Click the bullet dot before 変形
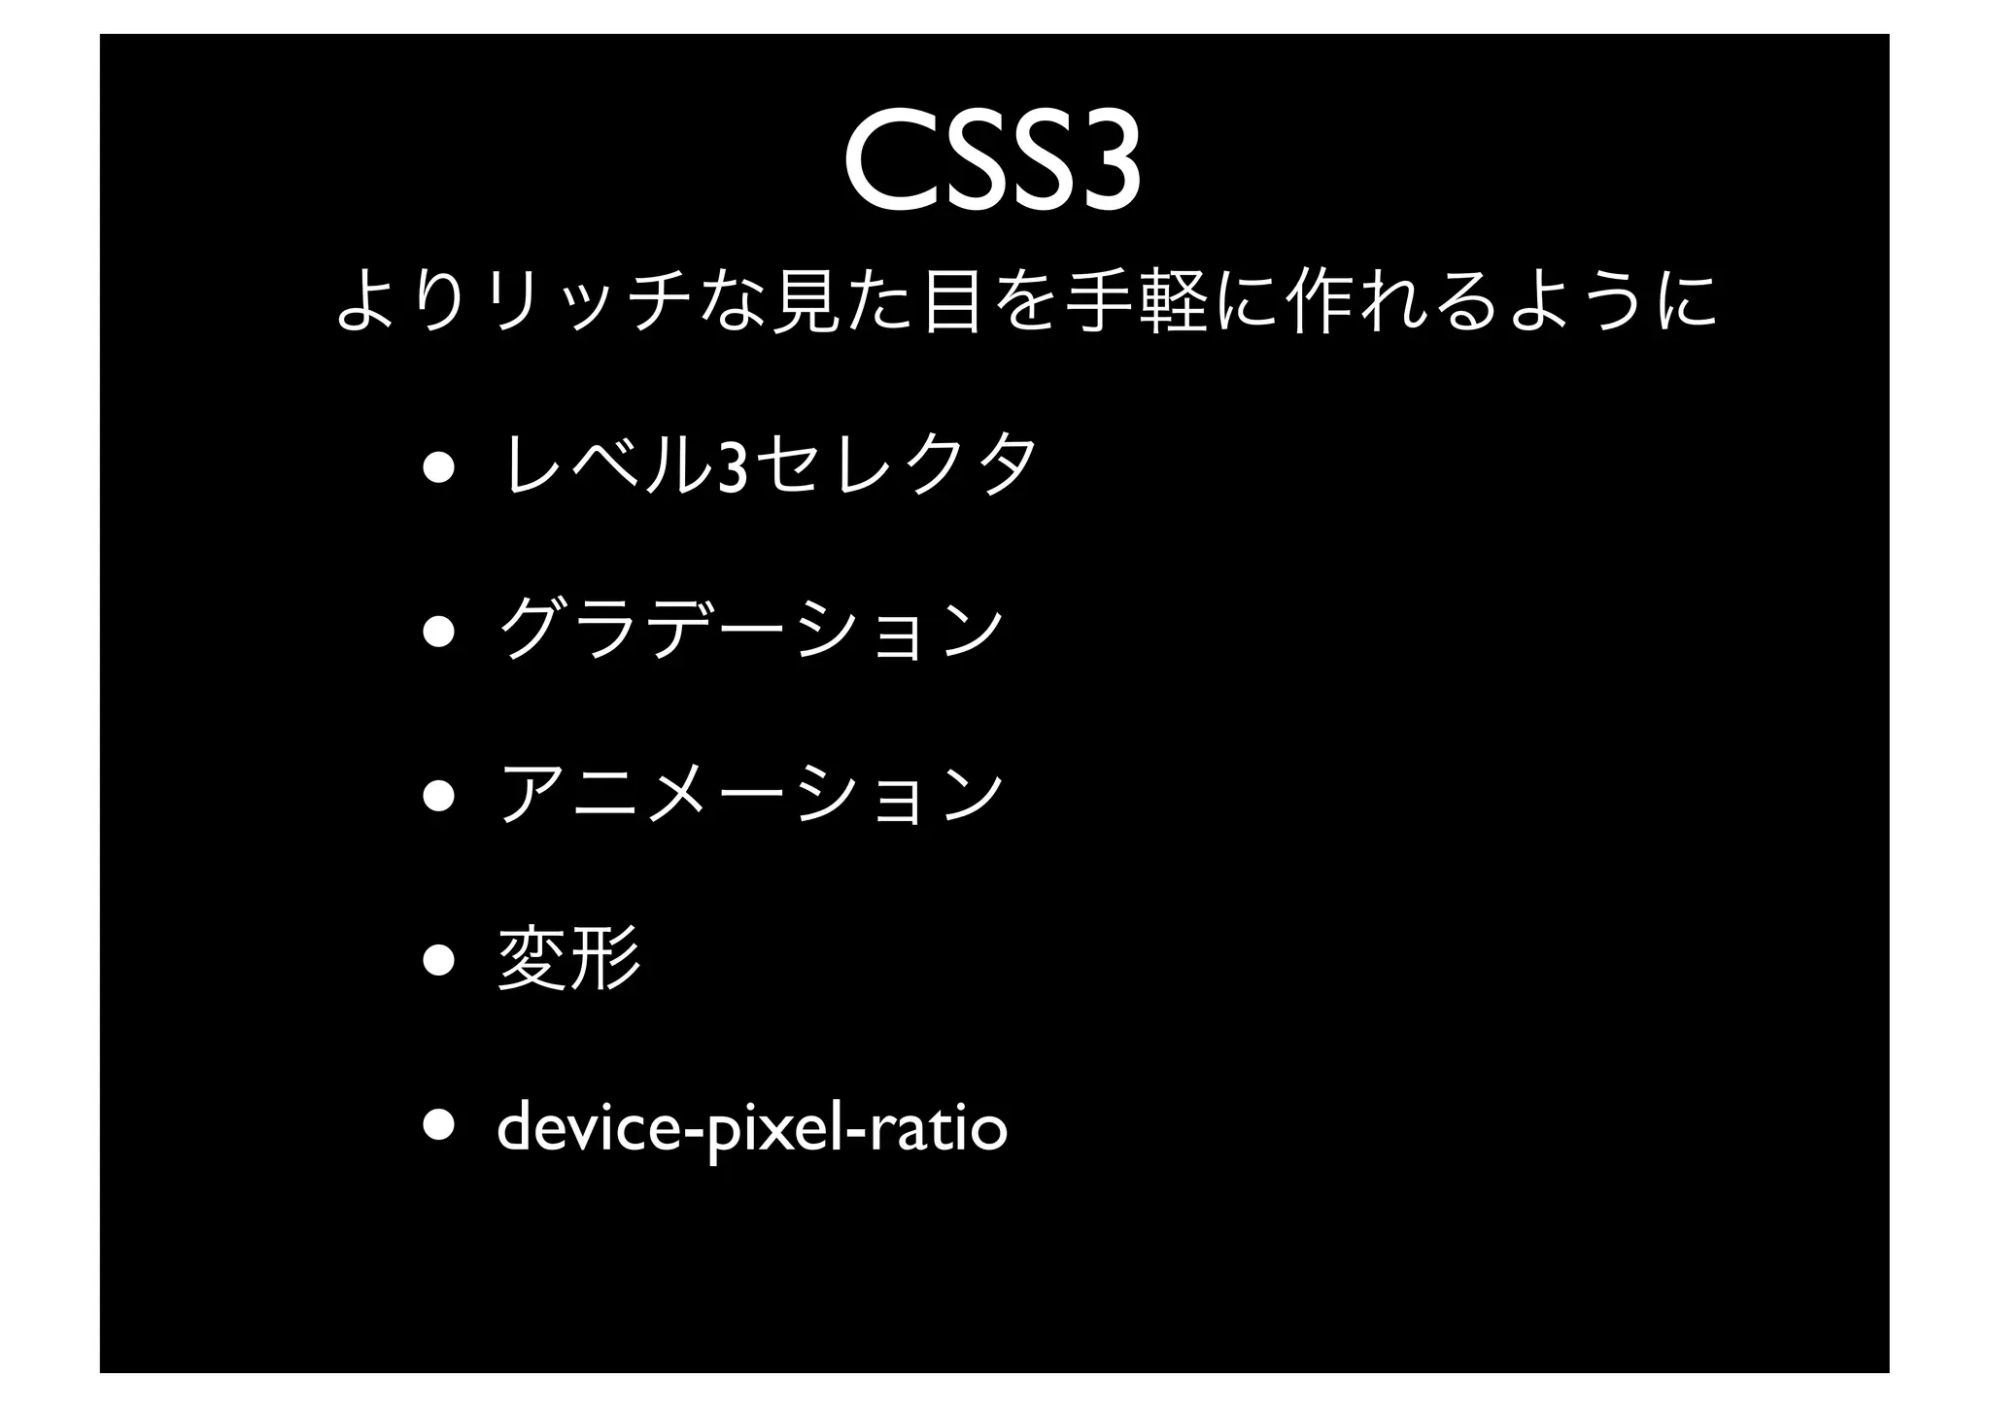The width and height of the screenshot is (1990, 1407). (437, 960)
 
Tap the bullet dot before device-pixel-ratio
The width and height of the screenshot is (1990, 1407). (437, 1125)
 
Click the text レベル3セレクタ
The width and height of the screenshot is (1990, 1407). (769, 466)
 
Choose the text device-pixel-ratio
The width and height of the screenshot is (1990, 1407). (752, 1127)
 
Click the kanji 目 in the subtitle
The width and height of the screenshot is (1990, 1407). (950, 301)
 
